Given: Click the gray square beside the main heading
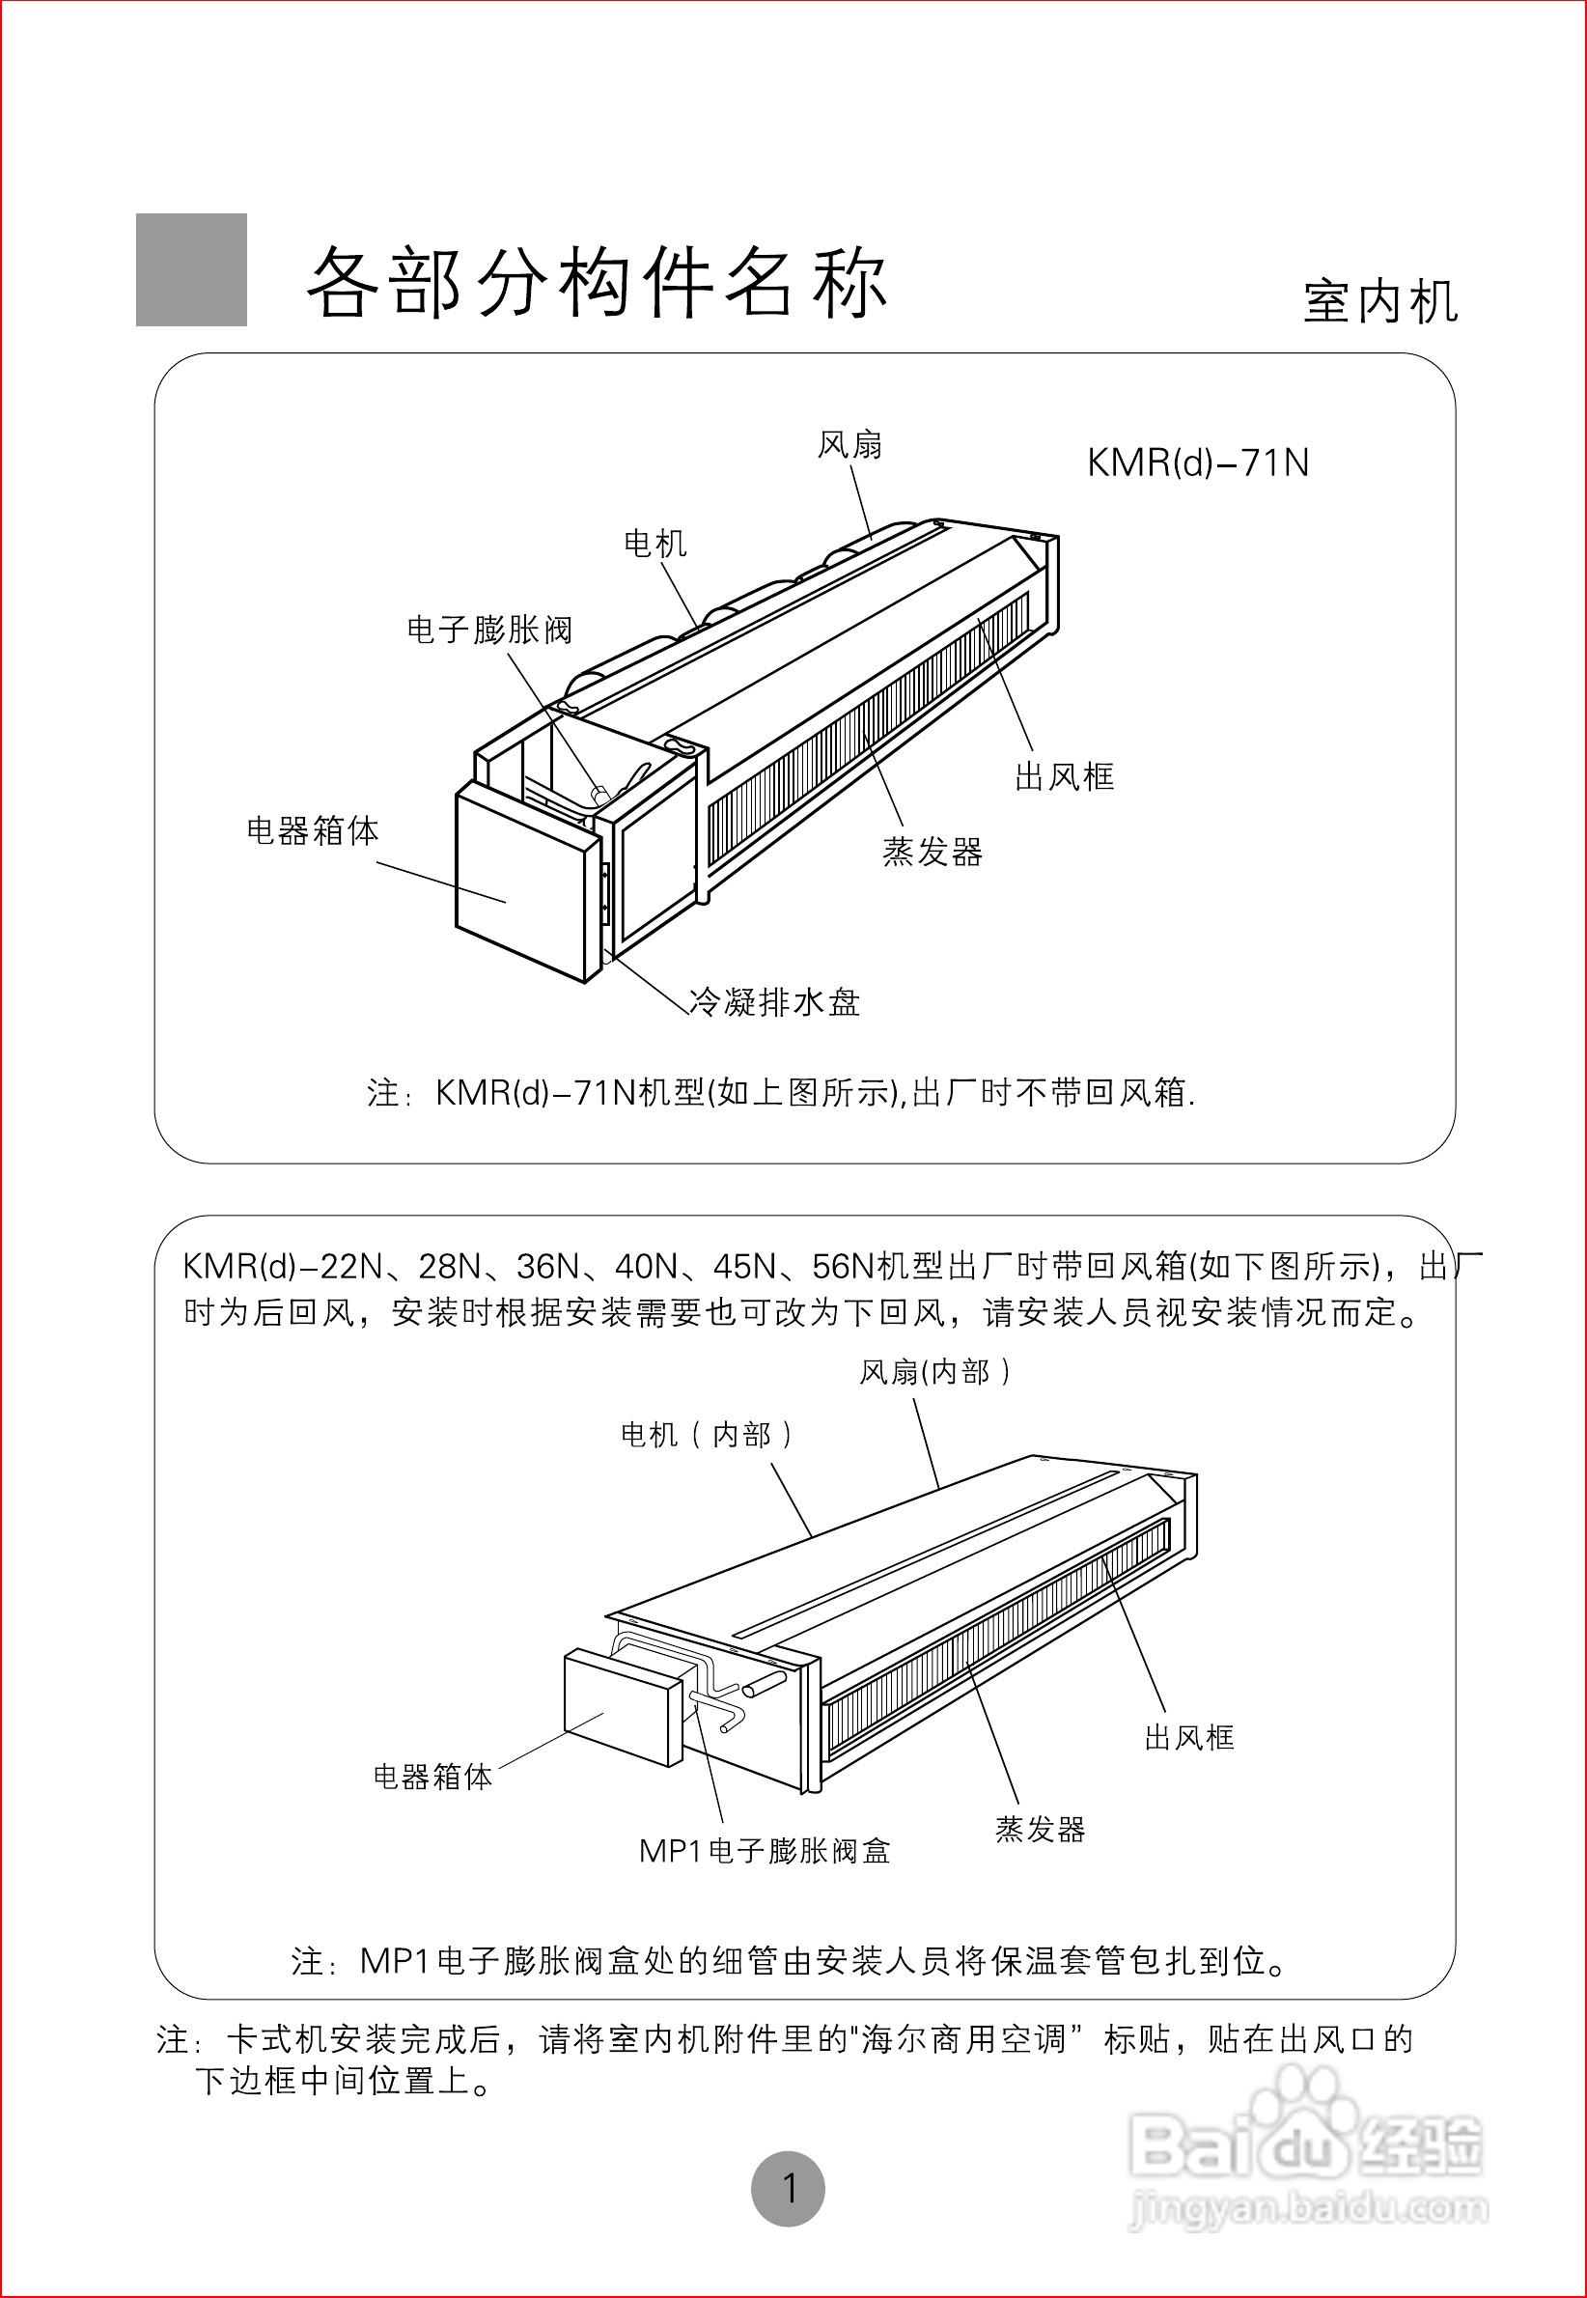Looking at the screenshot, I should (x=191, y=269).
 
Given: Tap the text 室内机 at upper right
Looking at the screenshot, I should (x=1380, y=302).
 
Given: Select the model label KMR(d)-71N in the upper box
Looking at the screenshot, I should (x=1197, y=463).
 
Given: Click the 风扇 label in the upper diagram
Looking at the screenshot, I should (x=849, y=445).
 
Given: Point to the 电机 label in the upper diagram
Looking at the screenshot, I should (x=654, y=544).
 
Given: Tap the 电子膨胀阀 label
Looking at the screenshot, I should (x=489, y=631).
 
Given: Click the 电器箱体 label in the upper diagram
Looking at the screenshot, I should (x=312, y=831).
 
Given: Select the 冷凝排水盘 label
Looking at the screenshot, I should (x=774, y=1002).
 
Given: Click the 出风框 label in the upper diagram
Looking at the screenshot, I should (x=1064, y=777).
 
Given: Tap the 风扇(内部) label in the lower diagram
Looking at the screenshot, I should (x=934, y=1373).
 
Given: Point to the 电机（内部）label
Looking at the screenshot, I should (x=706, y=1435).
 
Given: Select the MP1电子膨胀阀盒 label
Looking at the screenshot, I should (x=764, y=1852).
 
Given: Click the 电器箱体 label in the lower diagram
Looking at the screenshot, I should (x=432, y=1777).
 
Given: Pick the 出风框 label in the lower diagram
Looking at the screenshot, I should (x=1188, y=1738).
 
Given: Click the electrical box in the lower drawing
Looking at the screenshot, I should (x=622, y=1705).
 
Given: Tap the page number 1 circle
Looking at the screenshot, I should (x=788, y=2189).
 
